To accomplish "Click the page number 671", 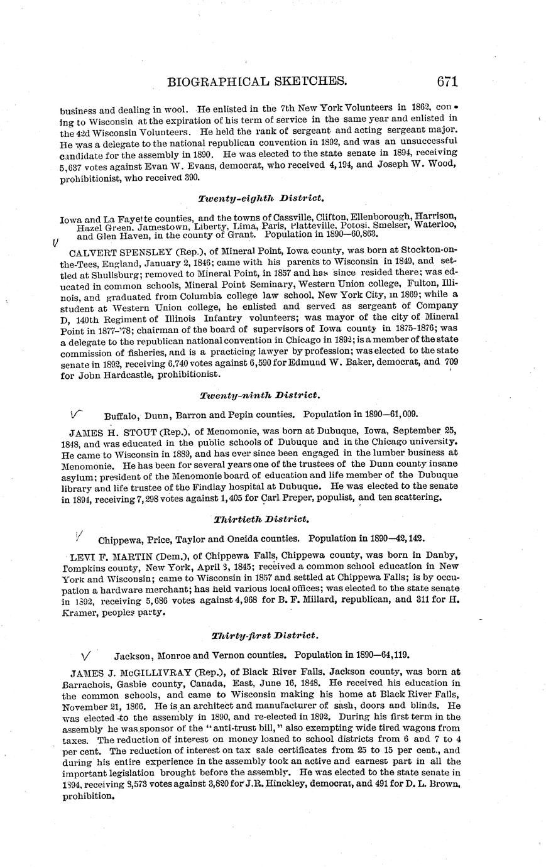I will point(441,81).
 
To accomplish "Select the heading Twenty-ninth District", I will point(260,395).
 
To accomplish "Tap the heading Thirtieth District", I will point(261,519).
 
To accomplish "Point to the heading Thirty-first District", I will point(260,635).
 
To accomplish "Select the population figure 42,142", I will point(412,538).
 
